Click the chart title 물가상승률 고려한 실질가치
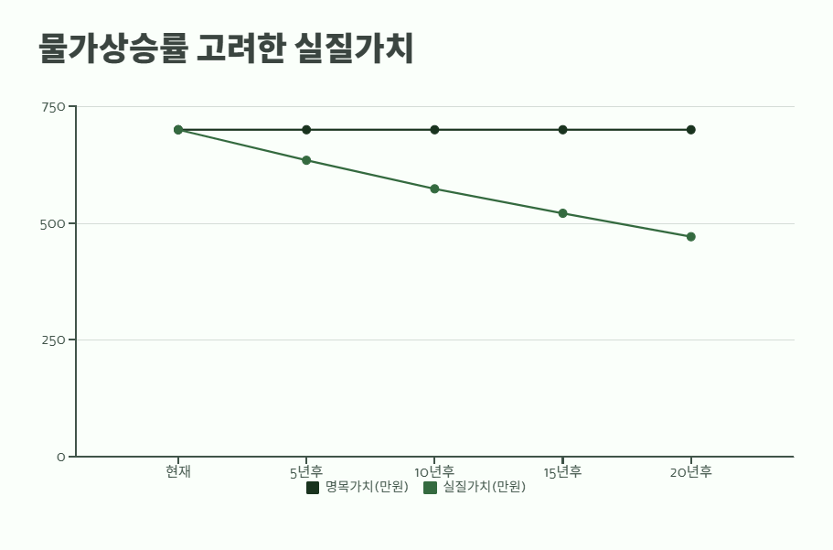[x=226, y=49]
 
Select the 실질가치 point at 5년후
[x=306, y=160]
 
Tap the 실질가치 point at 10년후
[x=434, y=189]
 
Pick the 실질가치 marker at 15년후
[x=562, y=213]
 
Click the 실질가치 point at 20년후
[x=690, y=237]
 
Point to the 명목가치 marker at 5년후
[x=306, y=130]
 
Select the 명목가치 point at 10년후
[x=434, y=130]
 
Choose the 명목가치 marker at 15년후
[x=562, y=130]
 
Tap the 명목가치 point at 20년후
[x=690, y=130]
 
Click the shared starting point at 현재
[x=178, y=130]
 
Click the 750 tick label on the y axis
[x=53, y=107]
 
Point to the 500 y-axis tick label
[x=53, y=223]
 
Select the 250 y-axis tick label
[x=53, y=340]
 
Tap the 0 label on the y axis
[x=60, y=457]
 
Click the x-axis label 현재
[x=178, y=472]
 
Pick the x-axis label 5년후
[x=306, y=472]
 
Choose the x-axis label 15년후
[x=562, y=472]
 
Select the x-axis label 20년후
[x=690, y=472]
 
